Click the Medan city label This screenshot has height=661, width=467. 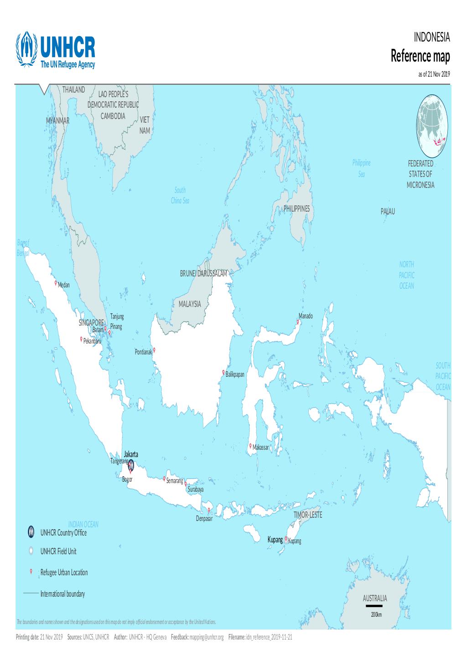coord(64,285)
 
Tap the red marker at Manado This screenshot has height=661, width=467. coord(298,322)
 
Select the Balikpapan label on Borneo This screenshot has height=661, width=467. coord(235,375)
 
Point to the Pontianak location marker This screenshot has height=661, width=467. coord(154,350)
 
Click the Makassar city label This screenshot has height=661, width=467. coord(261,448)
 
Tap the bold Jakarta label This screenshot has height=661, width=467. coord(131,455)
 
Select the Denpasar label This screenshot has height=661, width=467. coord(204,519)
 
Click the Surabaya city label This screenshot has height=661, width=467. coord(195,489)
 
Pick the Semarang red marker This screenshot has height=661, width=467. coord(164,479)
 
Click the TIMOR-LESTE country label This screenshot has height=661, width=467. coord(308,515)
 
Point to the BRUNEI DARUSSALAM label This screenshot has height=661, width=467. coord(203,274)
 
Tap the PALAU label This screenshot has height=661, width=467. coord(388,212)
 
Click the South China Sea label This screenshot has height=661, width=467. coord(180,195)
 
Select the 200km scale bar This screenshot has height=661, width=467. coord(374,606)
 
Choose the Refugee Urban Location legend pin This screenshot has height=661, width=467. coord(31,572)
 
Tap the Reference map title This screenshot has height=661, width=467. coord(420,57)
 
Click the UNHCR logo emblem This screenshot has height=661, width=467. coord(26,51)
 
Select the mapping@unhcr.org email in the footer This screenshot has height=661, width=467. coord(207,637)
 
